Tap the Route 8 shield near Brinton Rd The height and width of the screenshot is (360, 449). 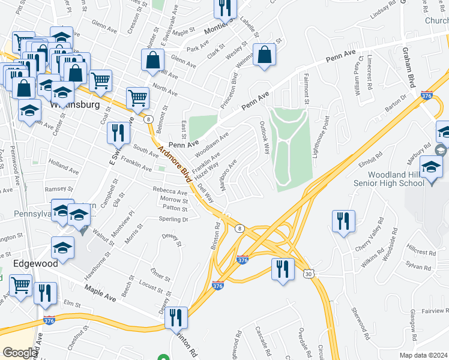point(239,228)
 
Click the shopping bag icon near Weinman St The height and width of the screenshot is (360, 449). point(264,55)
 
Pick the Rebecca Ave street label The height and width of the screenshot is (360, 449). point(170,192)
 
